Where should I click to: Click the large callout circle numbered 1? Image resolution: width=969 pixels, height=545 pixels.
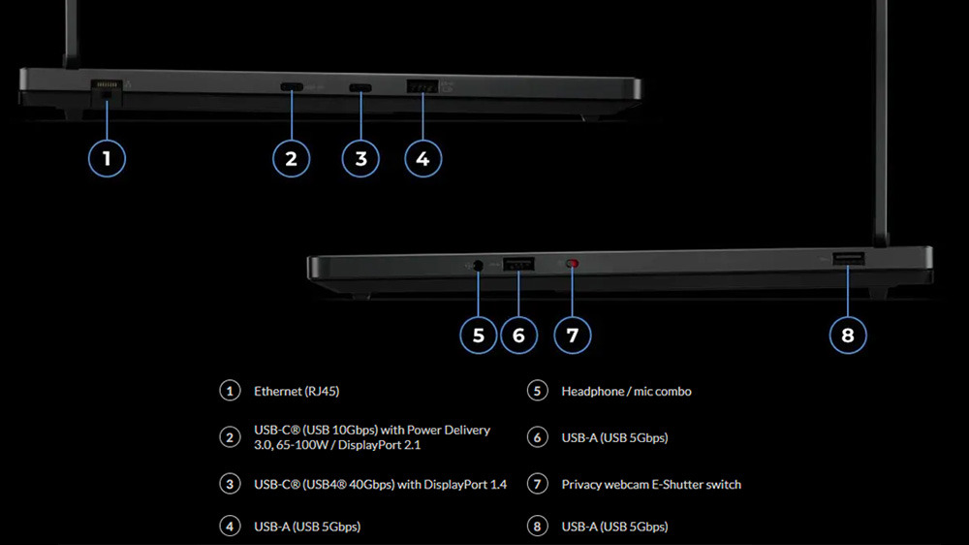pyautogui.click(x=107, y=158)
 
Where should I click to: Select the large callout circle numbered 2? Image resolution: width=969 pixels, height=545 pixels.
pyautogui.click(x=291, y=158)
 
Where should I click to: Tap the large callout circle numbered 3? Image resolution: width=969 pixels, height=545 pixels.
pyautogui.click(x=360, y=158)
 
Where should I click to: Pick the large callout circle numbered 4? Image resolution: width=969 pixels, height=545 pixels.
pyautogui.click(x=422, y=158)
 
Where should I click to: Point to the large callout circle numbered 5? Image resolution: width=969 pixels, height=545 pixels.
pyautogui.click(x=478, y=336)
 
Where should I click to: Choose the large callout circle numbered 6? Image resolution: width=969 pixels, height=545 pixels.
pyautogui.click(x=518, y=336)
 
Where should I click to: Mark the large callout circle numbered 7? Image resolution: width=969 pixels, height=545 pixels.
pyautogui.click(x=572, y=336)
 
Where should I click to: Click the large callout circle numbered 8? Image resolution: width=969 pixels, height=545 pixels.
pyautogui.click(x=848, y=336)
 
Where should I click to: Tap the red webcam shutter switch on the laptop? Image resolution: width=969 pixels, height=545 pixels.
pyautogui.click(x=572, y=263)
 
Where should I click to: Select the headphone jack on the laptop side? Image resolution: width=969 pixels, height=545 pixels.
pyautogui.click(x=478, y=264)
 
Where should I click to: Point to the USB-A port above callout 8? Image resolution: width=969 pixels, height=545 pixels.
pyautogui.click(x=850, y=259)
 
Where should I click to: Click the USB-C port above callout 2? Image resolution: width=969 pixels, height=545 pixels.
pyautogui.click(x=291, y=88)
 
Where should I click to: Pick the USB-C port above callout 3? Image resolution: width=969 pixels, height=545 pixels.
pyautogui.click(x=360, y=88)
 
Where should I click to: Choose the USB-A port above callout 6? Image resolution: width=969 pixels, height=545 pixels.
pyautogui.click(x=518, y=262)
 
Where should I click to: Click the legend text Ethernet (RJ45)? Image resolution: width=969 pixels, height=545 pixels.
pyautogui.click(x=297, y=392)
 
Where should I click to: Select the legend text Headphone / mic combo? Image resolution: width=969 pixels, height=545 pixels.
pyautogui.click(x=626, y=392)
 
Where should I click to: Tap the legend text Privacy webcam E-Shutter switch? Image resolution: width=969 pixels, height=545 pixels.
pyautogui.click(x=651, y=484)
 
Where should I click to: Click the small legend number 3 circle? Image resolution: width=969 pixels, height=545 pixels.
pyautogui.click(x=229, y=484)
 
